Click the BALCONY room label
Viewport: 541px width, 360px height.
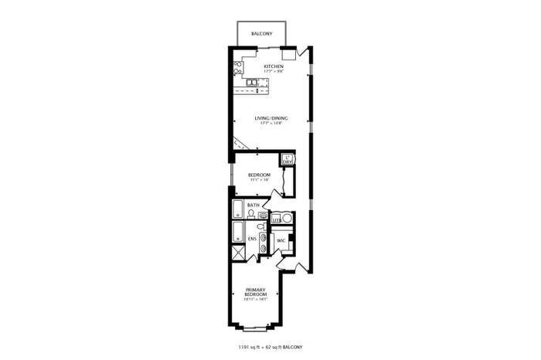click(262, 35)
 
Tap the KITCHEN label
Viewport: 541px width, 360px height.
click(274, 66)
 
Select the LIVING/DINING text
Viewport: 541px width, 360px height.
click(271, 118)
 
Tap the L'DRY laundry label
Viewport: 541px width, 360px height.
click(288, 160)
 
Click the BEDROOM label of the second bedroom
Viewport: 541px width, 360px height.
click(259, 175)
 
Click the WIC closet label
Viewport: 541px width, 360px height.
click(282, 240)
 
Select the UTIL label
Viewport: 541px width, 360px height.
click(277, 221)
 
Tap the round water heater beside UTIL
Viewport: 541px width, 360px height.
click(287, 219)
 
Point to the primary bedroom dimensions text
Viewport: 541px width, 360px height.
click(256, 301)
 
